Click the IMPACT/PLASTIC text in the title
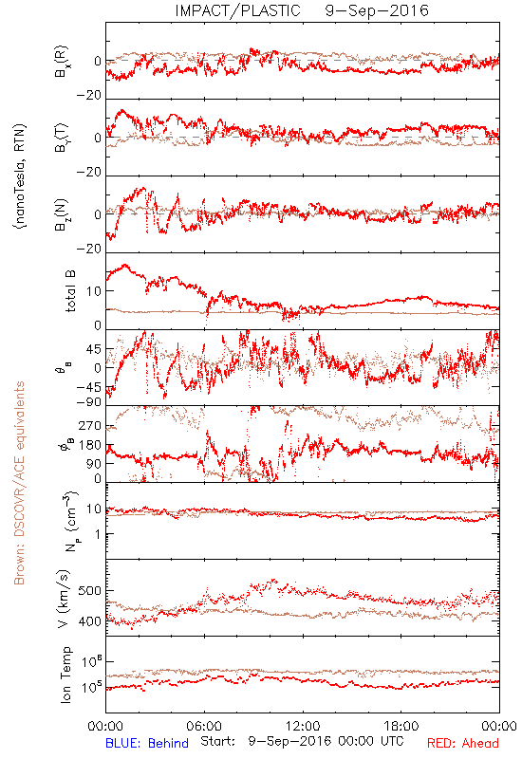tap(238, 10)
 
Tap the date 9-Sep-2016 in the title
tap(377, 10)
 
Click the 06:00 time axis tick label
tap(204, 726)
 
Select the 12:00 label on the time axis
tap(303, 726)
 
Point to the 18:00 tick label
tap(401, 726)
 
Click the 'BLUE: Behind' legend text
tap(147, 743)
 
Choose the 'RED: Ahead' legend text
tap(463, 743)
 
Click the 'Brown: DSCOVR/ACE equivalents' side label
tap(19, 483)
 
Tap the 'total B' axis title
tap(70, 291)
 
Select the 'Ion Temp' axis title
tap(65, 675)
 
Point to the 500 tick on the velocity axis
tap(90, 591)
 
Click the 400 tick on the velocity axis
tap(90, 621)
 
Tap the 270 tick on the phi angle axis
tap(90, 425)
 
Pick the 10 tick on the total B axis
tap(94, 291)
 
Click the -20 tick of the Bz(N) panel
tap(89, 249)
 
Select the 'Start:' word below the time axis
tap(218, 741)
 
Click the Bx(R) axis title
tap(62, 62)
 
